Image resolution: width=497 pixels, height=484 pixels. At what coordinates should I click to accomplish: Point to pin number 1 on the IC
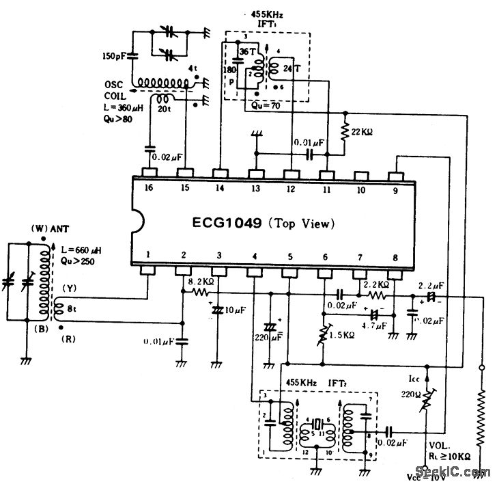point(149,255)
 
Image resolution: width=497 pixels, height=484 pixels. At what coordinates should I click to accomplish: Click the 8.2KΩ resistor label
point(201,280)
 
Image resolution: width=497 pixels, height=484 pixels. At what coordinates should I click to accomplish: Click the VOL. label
point(436,444)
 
